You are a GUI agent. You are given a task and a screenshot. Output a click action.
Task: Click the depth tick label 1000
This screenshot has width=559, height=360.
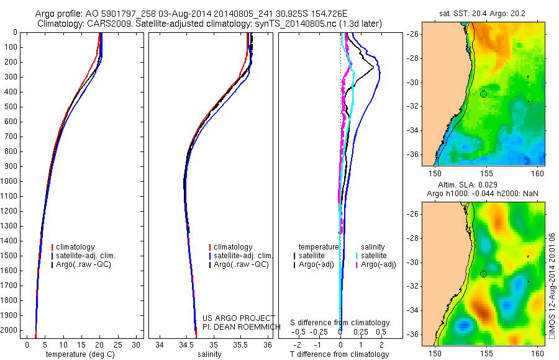coord(9,181)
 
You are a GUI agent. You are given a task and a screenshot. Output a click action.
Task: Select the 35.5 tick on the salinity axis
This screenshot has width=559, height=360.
coord(240,344)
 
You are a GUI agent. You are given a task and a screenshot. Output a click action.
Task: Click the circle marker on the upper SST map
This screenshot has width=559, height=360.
coord(483,94)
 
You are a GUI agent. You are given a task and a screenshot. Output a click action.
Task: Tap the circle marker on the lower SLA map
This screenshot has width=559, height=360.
coord(483,274)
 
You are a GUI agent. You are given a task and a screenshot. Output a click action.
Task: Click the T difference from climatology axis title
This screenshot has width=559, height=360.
coord(339,354)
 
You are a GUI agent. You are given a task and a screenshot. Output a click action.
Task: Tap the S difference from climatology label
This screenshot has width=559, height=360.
coord(340,323)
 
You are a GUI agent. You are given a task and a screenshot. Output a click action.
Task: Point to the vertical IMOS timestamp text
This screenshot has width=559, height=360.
coord(552,286)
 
